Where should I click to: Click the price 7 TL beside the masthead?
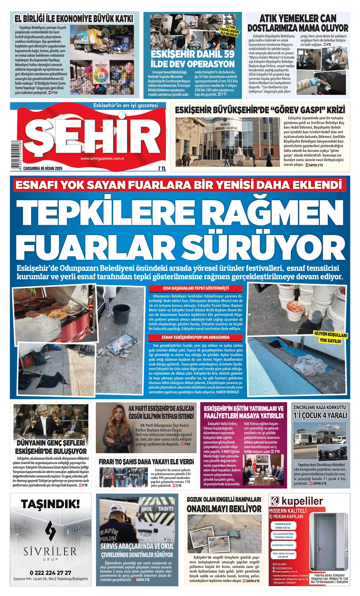(x=161, y=168)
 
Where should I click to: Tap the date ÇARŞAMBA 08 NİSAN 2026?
(x=42, y=168)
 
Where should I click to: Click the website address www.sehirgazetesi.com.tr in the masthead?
(x=102, y=158)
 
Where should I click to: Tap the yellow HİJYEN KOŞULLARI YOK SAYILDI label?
(x=330, y=337)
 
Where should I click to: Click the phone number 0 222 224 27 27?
(x=50, y=573)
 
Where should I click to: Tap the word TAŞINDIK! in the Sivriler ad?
(x=50, y=504)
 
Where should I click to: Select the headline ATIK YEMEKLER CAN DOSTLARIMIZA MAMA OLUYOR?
(x=297, y=23)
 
